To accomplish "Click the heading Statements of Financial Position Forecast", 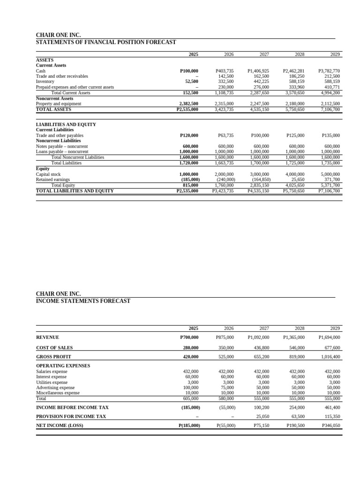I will click(106, 42).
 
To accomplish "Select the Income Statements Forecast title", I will click(83, 301).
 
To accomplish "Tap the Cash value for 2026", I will click(224, 71).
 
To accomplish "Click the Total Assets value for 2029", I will click(330, 109).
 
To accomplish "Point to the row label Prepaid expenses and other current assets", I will click(75, 87).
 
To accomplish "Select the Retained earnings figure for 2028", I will click(297, 180).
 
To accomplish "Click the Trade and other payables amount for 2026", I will click(225, 135).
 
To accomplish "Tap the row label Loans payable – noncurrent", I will click(62, 152).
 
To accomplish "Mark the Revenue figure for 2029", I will click(329, 337).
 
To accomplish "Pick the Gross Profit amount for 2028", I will click(295, 357).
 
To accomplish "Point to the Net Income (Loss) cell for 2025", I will click(189, 426).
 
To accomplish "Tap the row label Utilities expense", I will click(52, 382).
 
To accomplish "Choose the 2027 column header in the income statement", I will click(264, 329).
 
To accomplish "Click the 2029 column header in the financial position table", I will click(335, 54).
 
